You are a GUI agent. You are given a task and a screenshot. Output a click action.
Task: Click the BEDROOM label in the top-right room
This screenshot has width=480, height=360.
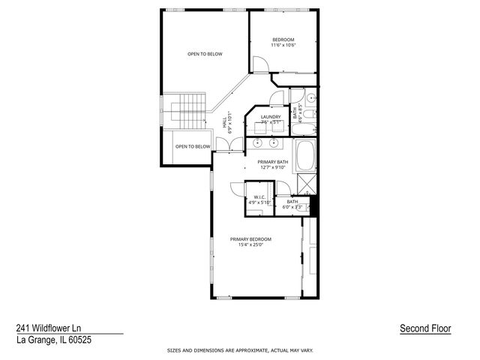click(x=283, y=39)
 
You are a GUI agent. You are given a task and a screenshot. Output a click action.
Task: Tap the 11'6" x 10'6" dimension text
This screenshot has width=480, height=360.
click(x=283, y=45)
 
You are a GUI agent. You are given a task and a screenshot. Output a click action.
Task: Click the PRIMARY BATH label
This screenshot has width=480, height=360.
click(x=272, y=162)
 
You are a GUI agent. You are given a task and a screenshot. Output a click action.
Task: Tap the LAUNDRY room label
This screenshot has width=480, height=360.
click(x=271, y=117)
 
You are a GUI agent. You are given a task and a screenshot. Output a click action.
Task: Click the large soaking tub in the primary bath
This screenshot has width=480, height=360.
click(x=307, y=158)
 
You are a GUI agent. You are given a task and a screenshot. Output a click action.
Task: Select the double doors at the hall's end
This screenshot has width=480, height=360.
click(x=223, y=145)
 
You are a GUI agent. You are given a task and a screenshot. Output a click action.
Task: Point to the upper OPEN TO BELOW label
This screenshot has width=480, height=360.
click(x=205, y=54)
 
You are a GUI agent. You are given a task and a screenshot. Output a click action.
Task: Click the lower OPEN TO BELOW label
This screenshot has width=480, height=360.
click(x=193, y=146)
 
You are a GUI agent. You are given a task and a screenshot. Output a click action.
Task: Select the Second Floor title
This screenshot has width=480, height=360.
click(x=425, y=328)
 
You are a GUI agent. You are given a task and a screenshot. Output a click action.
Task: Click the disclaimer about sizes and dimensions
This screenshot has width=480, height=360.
click(x=240, y=350)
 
